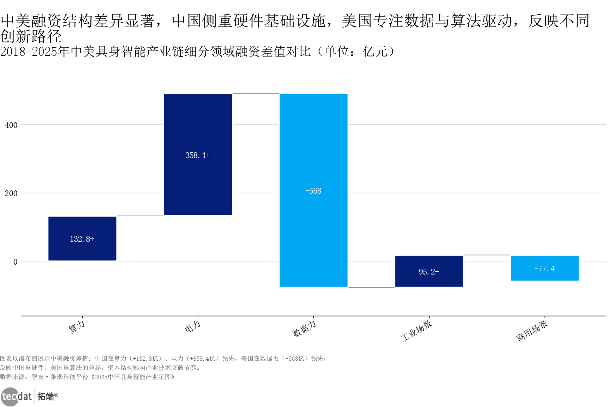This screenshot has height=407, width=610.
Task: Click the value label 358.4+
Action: tap(198, 155)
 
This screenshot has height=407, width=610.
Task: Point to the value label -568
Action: tap(313, 191)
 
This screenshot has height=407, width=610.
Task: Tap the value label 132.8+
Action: tap(82, 239)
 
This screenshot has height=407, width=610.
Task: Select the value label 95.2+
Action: tap(429, 272)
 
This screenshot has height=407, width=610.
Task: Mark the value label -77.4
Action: tap(545, 269)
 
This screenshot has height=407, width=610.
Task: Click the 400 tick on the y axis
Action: tap(11, 125)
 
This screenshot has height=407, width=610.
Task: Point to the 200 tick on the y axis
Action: tap(11, 193)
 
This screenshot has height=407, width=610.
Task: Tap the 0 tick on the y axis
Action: tap(15, 262)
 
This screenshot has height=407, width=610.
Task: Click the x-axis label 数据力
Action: tap(304, 329)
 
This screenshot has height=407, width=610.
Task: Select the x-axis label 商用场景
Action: tap(532, 331)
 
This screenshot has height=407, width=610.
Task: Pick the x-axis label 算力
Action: tap(77, 327)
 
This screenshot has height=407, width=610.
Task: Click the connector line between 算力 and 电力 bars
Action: tap(140, 216)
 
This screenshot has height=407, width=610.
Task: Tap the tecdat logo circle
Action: tap(9, 396)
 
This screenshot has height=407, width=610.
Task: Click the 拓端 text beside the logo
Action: tap(46, 396)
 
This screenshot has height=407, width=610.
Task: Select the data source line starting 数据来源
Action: tap(88, 377)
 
